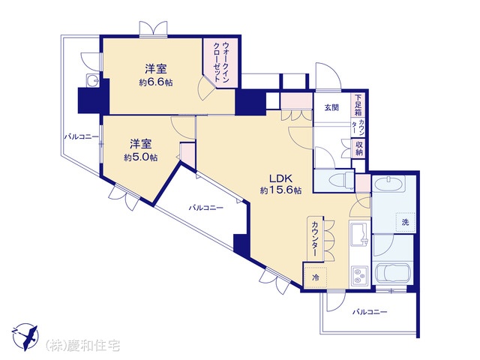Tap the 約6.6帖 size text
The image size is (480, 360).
point(156,82)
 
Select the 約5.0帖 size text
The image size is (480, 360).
point(141,157)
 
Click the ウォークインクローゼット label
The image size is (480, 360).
point(221,61)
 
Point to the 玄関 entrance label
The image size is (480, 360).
point(331,107)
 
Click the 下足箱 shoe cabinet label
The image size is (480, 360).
point(358,105)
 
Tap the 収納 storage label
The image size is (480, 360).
point(359,148)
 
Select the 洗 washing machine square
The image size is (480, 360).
point(406,222)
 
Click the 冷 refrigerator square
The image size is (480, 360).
point(315,277)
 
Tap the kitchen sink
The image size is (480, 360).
point(359,234)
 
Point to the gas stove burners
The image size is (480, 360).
point(359,275)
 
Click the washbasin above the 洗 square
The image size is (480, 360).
point(388,183)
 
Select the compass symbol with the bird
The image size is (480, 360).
point(25,337)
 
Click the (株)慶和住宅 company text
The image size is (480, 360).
point(83,345)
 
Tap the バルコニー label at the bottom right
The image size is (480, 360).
point(370,312)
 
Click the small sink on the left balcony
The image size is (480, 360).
point(92,81)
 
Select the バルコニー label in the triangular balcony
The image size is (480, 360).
point(206,208)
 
